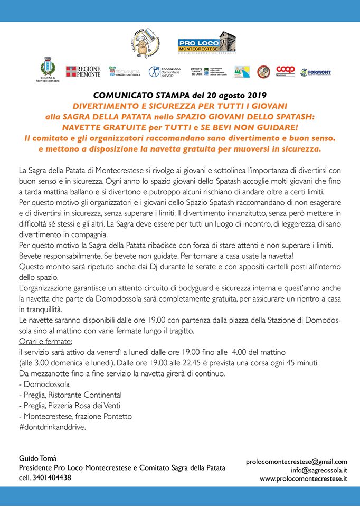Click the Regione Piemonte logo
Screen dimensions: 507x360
tap(83, 71)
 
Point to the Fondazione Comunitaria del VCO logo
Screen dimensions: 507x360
tap(165, 71)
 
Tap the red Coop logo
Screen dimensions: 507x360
tap(285, 70)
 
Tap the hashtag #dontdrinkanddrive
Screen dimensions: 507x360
tap(52, 427)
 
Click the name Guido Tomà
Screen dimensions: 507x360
tap(37, 458)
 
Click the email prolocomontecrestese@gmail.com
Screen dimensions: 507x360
tap(297, 461)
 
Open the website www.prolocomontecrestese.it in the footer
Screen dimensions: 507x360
tap(303, 478)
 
